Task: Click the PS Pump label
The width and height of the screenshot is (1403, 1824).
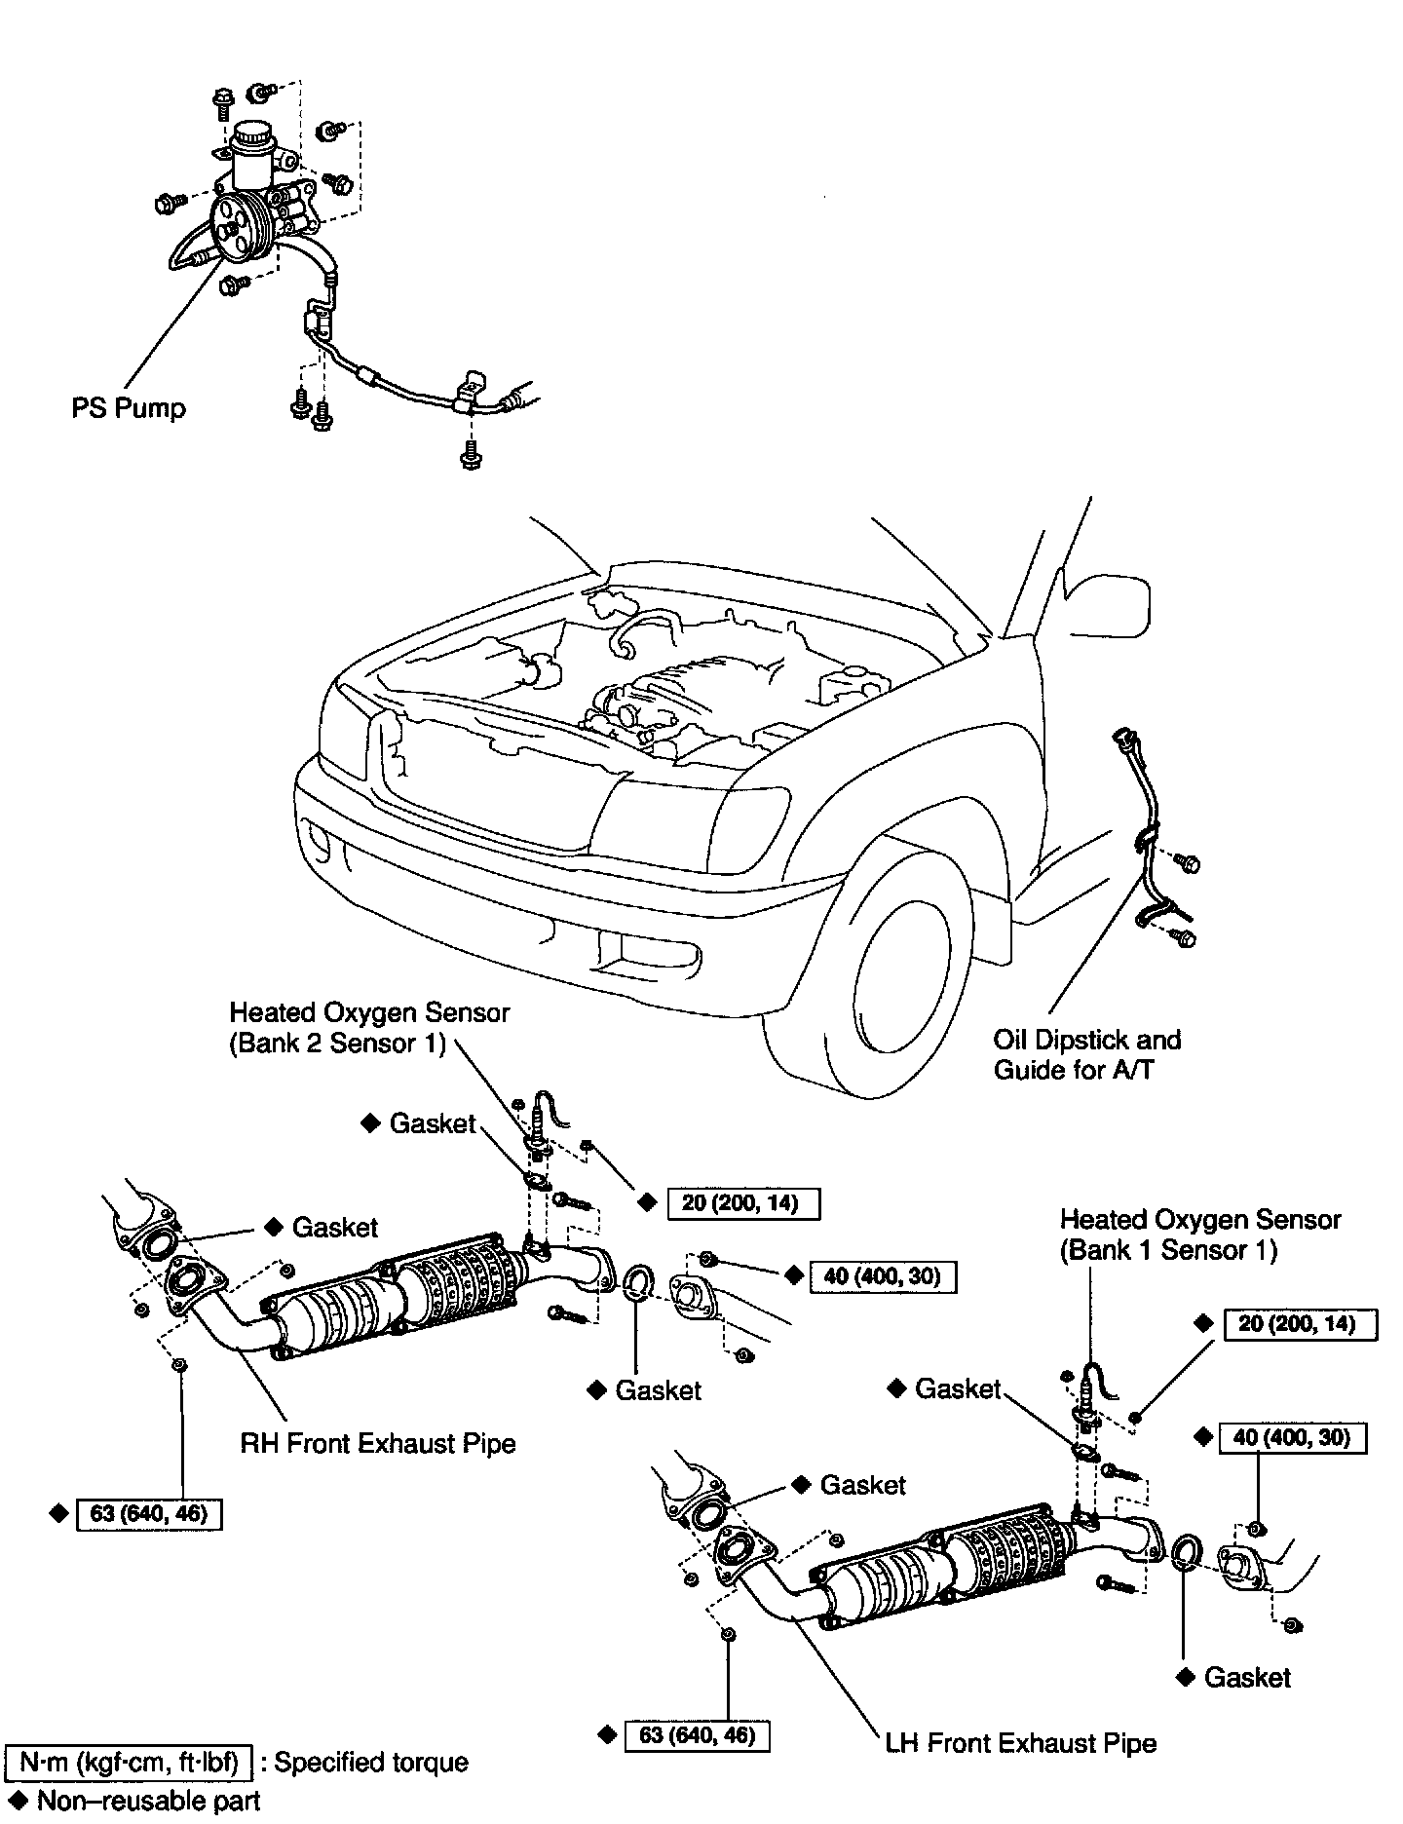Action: [x=128, y=407]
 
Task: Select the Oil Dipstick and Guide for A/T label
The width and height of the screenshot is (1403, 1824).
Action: [x=1086, y=1054]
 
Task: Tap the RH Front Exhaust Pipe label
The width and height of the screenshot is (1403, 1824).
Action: [x=378, y=1443]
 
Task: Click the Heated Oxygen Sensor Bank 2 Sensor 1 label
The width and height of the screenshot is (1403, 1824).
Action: [x=369, y=1028]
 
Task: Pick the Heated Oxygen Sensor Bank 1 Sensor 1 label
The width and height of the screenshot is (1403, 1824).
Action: [x=1200, y=1235]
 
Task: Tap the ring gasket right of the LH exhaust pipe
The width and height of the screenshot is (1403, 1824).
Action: [x=1185, y=1552]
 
